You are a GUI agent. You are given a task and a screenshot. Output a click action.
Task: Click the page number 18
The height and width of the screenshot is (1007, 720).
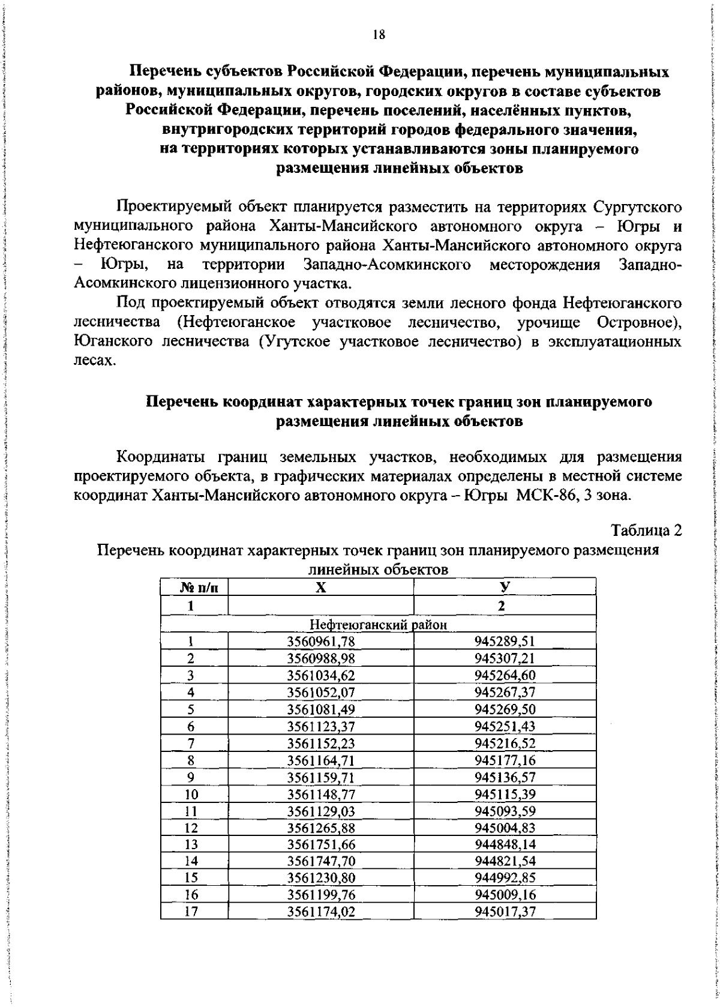pos(378,35)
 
